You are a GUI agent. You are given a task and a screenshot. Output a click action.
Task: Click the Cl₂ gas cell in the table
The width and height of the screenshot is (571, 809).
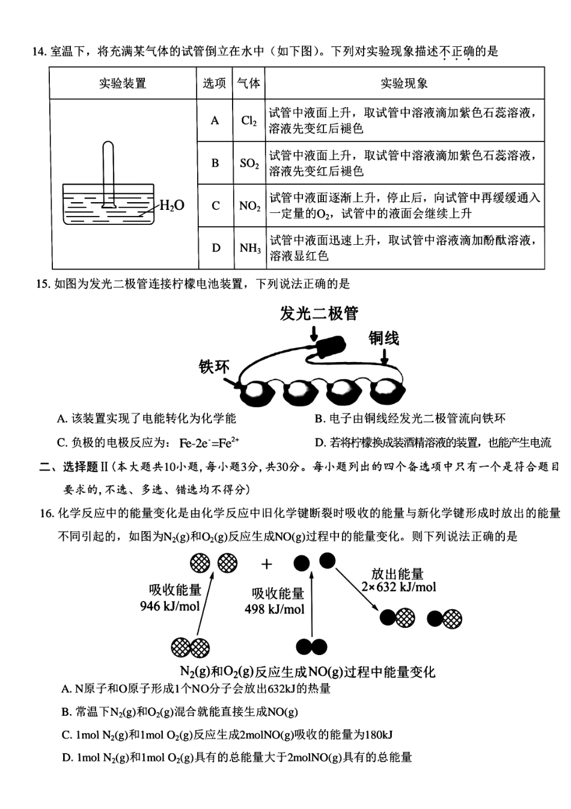coord(249,121)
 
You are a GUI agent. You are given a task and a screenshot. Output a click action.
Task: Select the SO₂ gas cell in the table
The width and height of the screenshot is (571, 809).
coord(249,164)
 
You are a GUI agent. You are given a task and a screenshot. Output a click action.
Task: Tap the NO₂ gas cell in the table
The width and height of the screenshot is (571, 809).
coord(249,206)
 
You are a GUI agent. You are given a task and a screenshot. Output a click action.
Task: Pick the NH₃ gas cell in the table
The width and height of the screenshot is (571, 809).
coord(249,248)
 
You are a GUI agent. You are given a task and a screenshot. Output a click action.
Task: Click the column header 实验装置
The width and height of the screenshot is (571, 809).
coord(123,84)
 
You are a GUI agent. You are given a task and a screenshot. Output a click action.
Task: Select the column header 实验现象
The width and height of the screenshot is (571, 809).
coord(404,84)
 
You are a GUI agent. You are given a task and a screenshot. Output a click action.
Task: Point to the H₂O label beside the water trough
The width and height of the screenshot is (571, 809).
coord(172,206)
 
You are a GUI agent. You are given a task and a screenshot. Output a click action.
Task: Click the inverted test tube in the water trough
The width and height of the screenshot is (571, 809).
coord(108,171)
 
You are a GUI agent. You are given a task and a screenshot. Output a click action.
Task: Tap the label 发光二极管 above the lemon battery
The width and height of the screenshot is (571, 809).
coord(319,313)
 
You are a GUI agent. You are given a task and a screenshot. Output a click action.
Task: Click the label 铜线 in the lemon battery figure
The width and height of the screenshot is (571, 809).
coord(383,339)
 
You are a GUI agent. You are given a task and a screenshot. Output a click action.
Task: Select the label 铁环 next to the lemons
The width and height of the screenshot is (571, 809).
coord(214,367)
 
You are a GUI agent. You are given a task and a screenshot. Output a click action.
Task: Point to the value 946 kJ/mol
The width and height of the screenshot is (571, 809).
coord(170,606)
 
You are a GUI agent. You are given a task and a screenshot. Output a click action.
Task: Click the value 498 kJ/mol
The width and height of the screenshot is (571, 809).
coord(275,609)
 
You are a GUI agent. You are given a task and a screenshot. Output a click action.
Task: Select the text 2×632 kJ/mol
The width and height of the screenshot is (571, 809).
coord(399,587)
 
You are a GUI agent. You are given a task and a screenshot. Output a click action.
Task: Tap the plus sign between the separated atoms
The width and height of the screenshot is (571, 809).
coord(267,564)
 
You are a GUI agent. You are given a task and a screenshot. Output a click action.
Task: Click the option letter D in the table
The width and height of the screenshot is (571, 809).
coord(216,248)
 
